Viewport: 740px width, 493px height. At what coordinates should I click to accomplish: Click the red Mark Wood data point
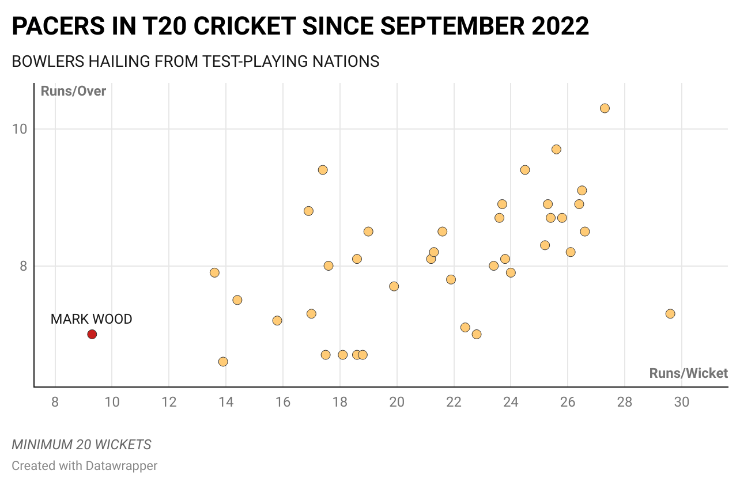(x=92, y=334)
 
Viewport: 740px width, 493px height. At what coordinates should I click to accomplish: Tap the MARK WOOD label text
(x=91, y=318)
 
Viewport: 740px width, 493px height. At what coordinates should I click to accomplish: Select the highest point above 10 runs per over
(x=605, y=108)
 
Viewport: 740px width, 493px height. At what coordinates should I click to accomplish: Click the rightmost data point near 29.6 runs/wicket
(x=670, y=314)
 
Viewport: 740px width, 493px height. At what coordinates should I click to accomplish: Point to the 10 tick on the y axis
(x=20, y=129)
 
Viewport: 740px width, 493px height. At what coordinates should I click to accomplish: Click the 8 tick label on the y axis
(x=24, y=266)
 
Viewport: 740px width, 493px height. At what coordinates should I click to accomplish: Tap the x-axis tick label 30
(x=681, y=402)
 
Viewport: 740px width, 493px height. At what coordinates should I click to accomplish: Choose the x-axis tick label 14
(x=225, y=402)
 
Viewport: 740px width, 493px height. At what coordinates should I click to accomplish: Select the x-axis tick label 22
(x=454, y=402)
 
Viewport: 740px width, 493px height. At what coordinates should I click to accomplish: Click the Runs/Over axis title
(x=73, y=91)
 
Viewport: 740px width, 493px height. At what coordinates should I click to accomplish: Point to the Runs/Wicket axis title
(x=688, y=373)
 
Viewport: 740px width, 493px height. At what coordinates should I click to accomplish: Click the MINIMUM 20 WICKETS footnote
(x=81, y=445)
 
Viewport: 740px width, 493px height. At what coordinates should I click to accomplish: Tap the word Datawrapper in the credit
(x=121, y=465)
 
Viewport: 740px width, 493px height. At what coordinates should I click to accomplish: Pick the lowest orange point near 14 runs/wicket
(x=223, y=362)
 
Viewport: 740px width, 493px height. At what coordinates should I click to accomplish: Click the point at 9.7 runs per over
(x=556, y=150)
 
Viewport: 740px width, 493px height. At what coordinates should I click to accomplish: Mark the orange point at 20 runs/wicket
(x=394, y=286)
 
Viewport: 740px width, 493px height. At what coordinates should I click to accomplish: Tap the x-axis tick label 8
(x=55, y=402)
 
